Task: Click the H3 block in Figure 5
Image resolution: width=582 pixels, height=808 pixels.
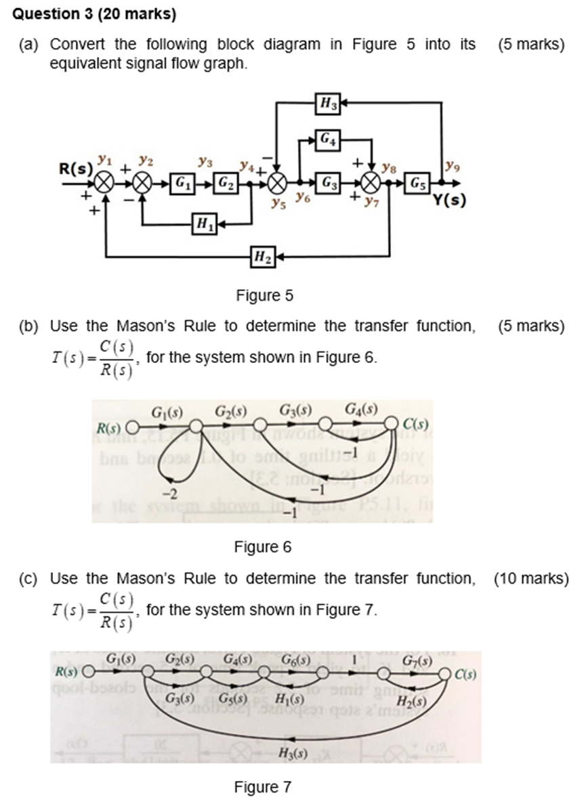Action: (328, 104)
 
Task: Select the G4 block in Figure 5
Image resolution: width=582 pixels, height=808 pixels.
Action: (328, 140)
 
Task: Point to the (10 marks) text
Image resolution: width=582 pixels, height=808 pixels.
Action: (531, 578)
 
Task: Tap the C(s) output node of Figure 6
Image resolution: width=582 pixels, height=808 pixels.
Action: (392, 424)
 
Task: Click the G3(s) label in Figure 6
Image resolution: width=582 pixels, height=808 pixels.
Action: (295, 410)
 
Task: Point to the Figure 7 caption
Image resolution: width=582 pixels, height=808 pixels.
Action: (262, 787)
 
